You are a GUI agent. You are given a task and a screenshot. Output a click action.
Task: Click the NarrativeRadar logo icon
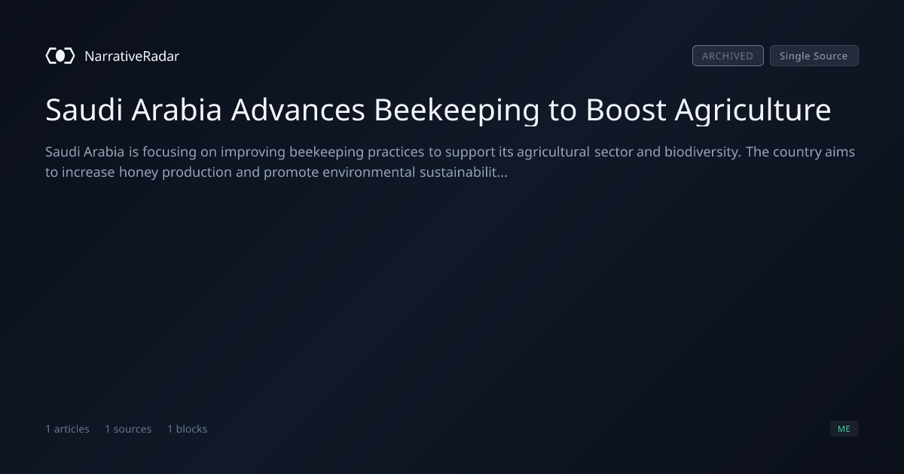[x=60, y=56]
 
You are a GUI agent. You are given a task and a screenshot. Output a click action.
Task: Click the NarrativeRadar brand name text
[x=132, y=56]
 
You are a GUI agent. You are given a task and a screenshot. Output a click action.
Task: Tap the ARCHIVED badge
[x=728, y=56]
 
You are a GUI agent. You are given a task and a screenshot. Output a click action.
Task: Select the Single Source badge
[x=814, y=56]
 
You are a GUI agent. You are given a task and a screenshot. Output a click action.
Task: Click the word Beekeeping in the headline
[x=457, y=110]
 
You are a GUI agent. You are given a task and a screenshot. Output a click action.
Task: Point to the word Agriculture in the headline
[x=753, y=110]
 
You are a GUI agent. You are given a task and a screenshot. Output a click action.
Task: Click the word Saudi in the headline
[x=84, y=110]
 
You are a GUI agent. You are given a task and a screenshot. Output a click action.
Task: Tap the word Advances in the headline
[x=298, y=110]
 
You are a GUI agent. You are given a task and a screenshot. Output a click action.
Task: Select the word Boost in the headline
[x=626, y=110]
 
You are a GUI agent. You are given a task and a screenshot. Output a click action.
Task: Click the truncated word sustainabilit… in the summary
[x=463, y=172]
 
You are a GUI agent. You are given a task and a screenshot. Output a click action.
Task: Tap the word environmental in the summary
[x=369, y=172]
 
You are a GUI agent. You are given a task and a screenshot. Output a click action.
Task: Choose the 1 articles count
[x=67, y=429]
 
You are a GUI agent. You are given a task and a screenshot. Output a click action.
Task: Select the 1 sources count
[x=128, y=429]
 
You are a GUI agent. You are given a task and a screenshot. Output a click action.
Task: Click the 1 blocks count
[x=188, y=429]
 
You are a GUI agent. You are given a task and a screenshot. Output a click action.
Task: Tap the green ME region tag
[x=844, y=428]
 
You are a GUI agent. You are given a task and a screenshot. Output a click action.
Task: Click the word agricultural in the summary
[x=553, y=152]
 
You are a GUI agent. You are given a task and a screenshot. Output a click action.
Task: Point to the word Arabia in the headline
[x=177, y=110]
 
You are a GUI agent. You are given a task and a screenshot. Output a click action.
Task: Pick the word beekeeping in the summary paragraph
[x=326, y=152]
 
